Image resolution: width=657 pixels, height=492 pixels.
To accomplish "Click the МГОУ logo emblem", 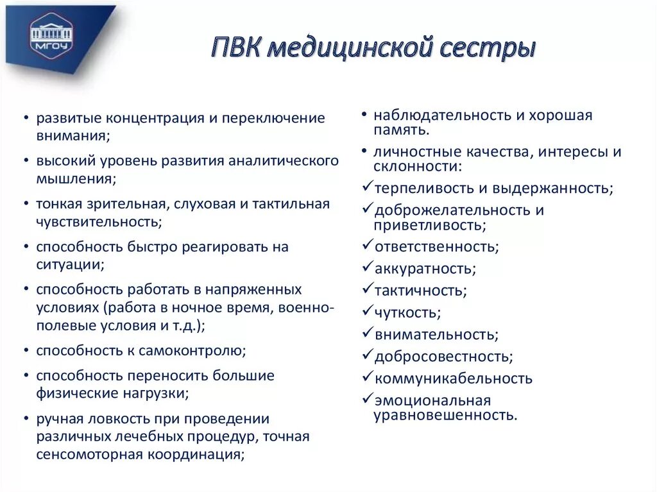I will (x=52, y=33).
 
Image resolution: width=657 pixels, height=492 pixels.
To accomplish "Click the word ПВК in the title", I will (x=235, y=49).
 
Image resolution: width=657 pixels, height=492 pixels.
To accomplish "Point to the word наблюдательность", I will (x=439, y=116).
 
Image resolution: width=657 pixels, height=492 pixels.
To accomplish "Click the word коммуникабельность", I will (x=453, y=378).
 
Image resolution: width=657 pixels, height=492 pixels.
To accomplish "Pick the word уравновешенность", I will (x=445, y=416).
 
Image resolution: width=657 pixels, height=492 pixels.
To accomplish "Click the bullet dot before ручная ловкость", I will (x=24, y=420).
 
